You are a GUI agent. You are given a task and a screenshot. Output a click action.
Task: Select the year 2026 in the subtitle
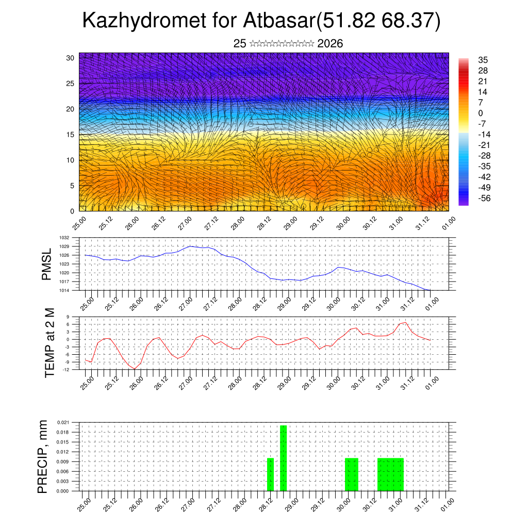pos(330,44)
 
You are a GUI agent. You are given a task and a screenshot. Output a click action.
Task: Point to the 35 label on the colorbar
pos(484,60)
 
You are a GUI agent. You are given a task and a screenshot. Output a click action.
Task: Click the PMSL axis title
pos(47,264)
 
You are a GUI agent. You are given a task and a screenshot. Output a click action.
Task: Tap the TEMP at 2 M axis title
pos(49,343)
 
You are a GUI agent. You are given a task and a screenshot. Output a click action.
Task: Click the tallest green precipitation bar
pos(283,458)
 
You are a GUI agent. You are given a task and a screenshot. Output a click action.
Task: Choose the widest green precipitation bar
pos(390,474)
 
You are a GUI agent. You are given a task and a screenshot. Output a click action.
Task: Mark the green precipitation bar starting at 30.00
pos(351,474)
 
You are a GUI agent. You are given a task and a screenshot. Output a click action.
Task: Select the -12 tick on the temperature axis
pos(67,369)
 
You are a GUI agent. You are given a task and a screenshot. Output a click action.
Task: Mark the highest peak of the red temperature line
pos(405,323)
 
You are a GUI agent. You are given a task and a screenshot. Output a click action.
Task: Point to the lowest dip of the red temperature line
pos(135,369)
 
